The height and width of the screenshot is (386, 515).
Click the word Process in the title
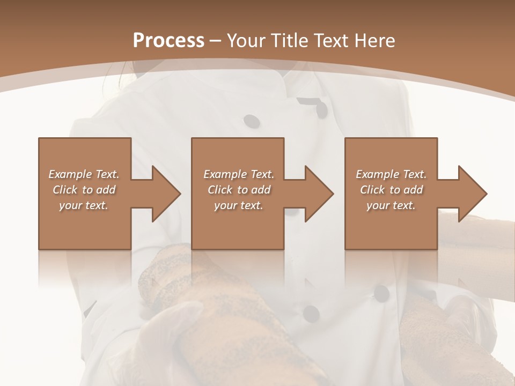(x=168, y=41)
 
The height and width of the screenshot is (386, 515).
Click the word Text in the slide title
(x=330, y=41)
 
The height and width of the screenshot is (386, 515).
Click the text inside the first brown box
(x=84, y=190)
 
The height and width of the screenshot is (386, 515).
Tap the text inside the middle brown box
(x=238, y=190)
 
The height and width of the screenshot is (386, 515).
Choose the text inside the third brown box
(x=391, y=190)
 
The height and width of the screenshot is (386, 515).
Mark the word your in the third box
(x=378, y=205)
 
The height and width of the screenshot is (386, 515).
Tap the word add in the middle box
(x=260, y=190)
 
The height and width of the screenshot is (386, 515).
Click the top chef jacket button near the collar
(x=321, y=109)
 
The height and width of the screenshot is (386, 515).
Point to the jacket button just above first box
(x=251, y=121)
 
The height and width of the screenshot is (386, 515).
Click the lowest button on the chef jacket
(x=311, y=313)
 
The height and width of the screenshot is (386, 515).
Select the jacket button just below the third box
(x=381, y=293)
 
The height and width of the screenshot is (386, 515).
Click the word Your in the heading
(x=247, y=41)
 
